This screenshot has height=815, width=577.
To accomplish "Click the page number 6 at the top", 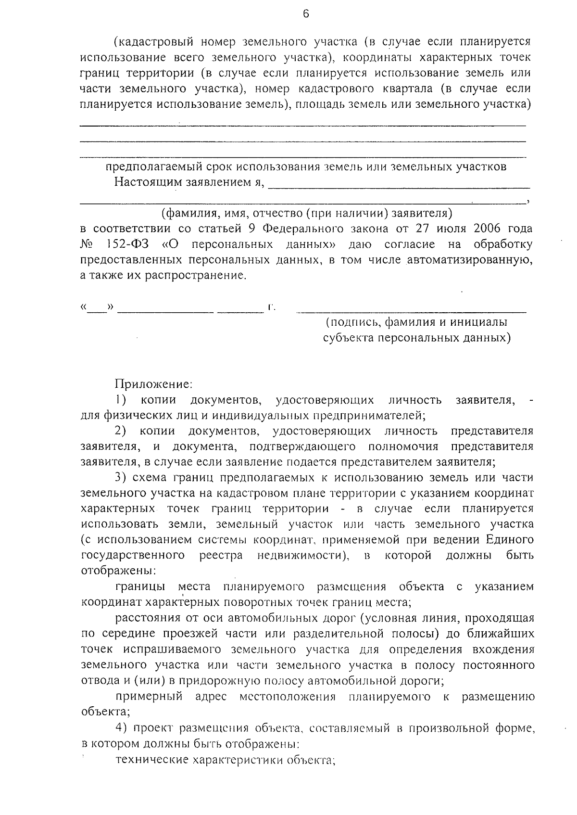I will (x=306, y=14).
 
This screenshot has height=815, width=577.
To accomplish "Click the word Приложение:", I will (x=153, y=384).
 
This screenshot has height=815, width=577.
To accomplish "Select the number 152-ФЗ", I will (x=126, y=244).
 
